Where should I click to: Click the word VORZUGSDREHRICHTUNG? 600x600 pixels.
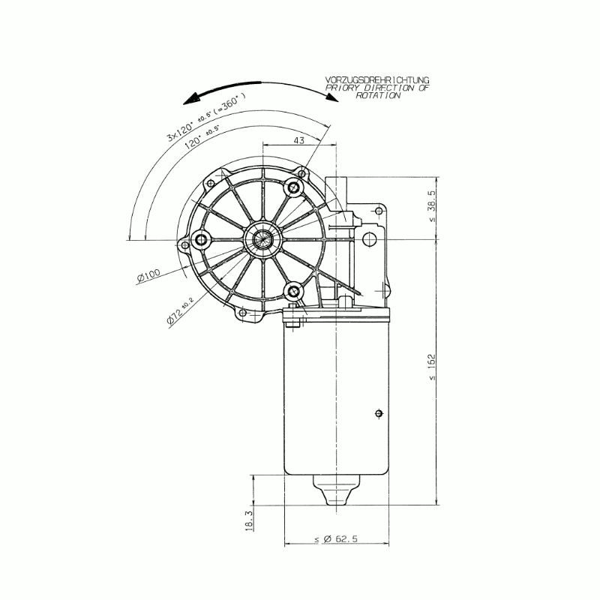click(x=377, y=80)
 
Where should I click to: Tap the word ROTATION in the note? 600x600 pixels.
click(x=378, y=96)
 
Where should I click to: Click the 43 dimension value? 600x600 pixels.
click(x=298, y=140)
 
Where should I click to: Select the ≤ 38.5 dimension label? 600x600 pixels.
click(x=432, y=206)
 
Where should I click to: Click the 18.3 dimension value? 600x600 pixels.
click(x=249, y=520)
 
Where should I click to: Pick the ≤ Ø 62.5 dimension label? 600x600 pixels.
click(x=336, y=538)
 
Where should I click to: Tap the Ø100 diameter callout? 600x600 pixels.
click(x=148, y=275)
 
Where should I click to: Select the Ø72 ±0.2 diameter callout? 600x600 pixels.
click(x=179, y=311)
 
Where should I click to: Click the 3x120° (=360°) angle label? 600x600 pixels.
click(x=205, y=118)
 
